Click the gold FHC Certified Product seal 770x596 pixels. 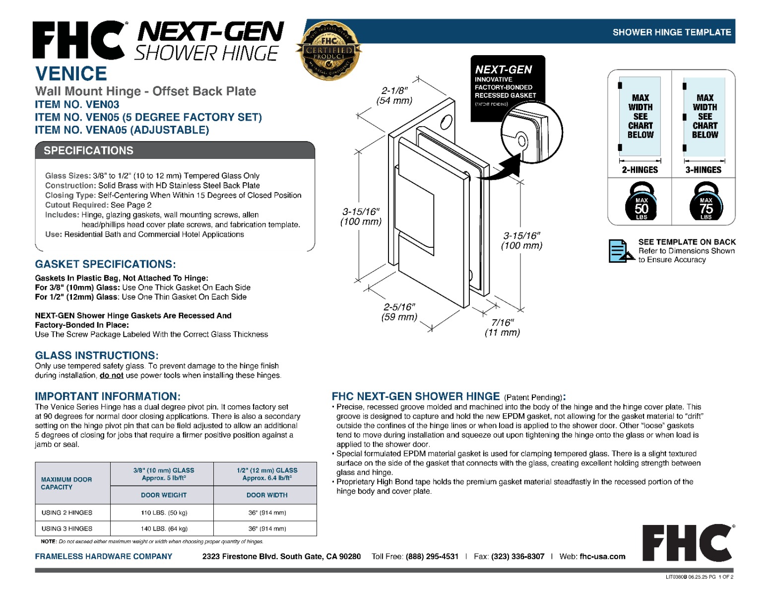[328, 51]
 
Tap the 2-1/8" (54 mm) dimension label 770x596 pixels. [394, 96]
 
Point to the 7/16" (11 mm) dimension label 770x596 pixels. [502, 327]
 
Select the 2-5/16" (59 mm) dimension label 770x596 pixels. [399, 311]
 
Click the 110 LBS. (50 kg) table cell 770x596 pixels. [164, 513]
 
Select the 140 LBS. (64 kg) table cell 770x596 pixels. [164, 528]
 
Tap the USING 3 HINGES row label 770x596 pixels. [66, 528]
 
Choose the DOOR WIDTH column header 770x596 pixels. [267, 495]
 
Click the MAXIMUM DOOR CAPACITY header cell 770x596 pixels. [66, 483]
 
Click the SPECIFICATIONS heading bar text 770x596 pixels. [89, 150]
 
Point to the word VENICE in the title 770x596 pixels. [71, 74]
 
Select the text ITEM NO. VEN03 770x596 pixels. [77, 104]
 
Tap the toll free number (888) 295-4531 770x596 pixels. [432, 556]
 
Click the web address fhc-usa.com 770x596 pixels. [602, 556]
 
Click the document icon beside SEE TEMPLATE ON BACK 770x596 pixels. [621, 251]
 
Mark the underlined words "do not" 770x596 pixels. [112, 375]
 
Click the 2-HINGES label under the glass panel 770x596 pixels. [640, 170]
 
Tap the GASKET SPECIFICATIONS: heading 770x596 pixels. [105, 264]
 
